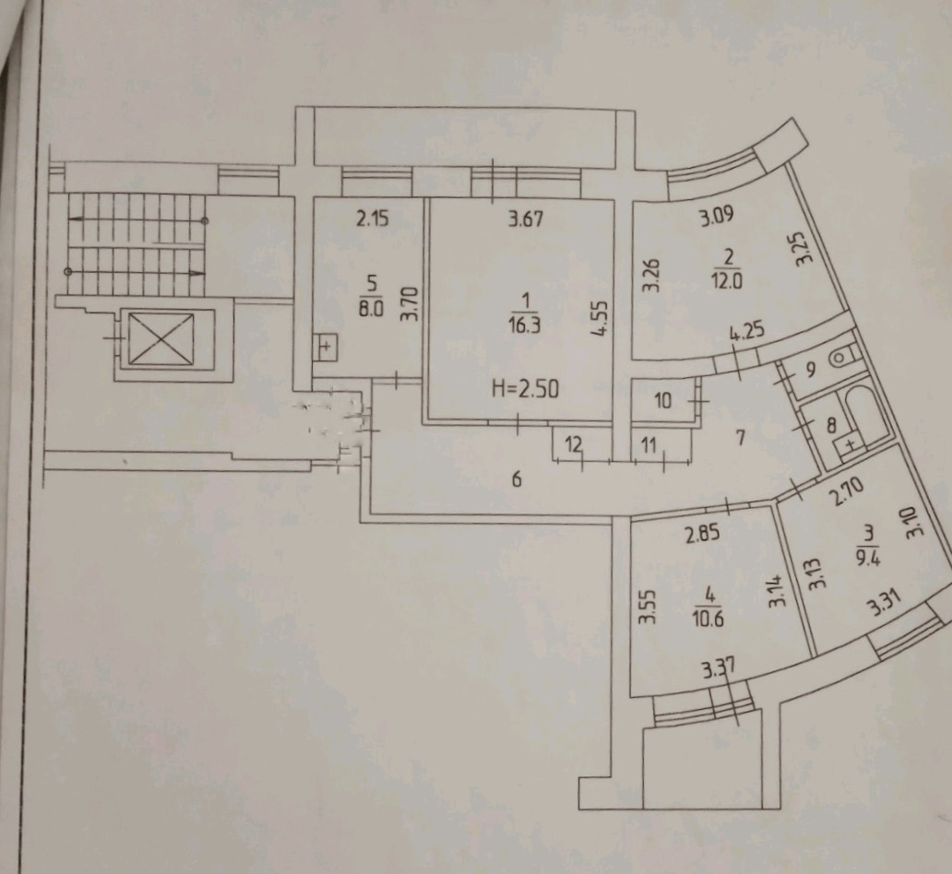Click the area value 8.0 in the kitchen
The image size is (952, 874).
point(371,310)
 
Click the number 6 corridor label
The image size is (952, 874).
point(517,478)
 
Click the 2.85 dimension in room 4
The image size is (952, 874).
point(701,533)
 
